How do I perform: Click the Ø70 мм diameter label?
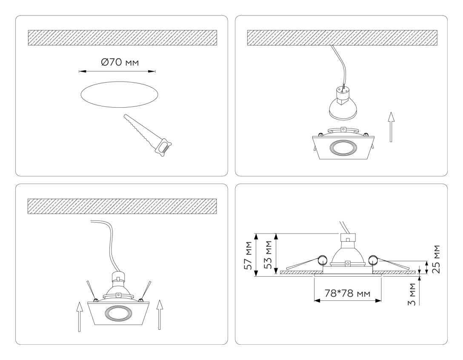120,63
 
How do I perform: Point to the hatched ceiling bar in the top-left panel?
122,37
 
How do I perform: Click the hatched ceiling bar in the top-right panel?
342,37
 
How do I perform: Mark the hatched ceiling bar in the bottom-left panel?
122,206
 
